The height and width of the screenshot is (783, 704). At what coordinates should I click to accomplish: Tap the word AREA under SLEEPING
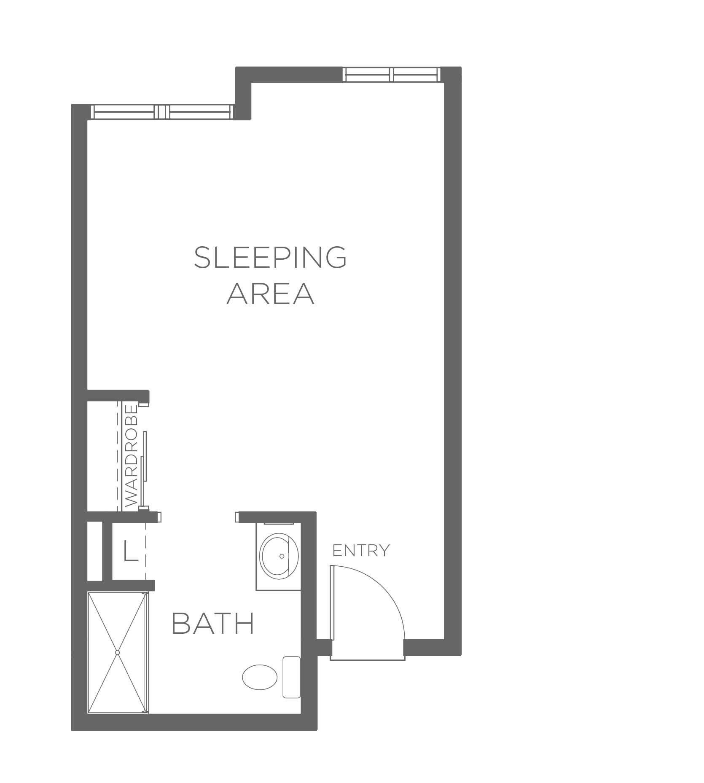pos(271,293)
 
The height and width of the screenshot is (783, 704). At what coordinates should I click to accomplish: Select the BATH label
pos(213,624)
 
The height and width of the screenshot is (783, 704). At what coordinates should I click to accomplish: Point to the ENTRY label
pos(361,550)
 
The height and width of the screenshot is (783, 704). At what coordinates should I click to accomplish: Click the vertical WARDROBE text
pos(132,456)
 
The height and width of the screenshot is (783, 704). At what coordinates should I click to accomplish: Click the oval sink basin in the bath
pos(279,556)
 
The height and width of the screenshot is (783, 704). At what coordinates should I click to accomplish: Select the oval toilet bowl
pos(260,677)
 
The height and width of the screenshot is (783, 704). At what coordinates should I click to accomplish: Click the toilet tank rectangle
pos(291,677)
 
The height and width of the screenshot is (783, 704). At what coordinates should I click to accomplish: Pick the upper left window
pos(162,112)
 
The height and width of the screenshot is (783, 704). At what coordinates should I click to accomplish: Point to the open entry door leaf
pos(332,608)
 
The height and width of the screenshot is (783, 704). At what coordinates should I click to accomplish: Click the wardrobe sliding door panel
pos(145,456)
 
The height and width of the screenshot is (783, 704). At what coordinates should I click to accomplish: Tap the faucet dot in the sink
pos(282,556)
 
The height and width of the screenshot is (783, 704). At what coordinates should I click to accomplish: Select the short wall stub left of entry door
pos(324,647)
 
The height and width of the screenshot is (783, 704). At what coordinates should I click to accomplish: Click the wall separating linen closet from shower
pos(121,585)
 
